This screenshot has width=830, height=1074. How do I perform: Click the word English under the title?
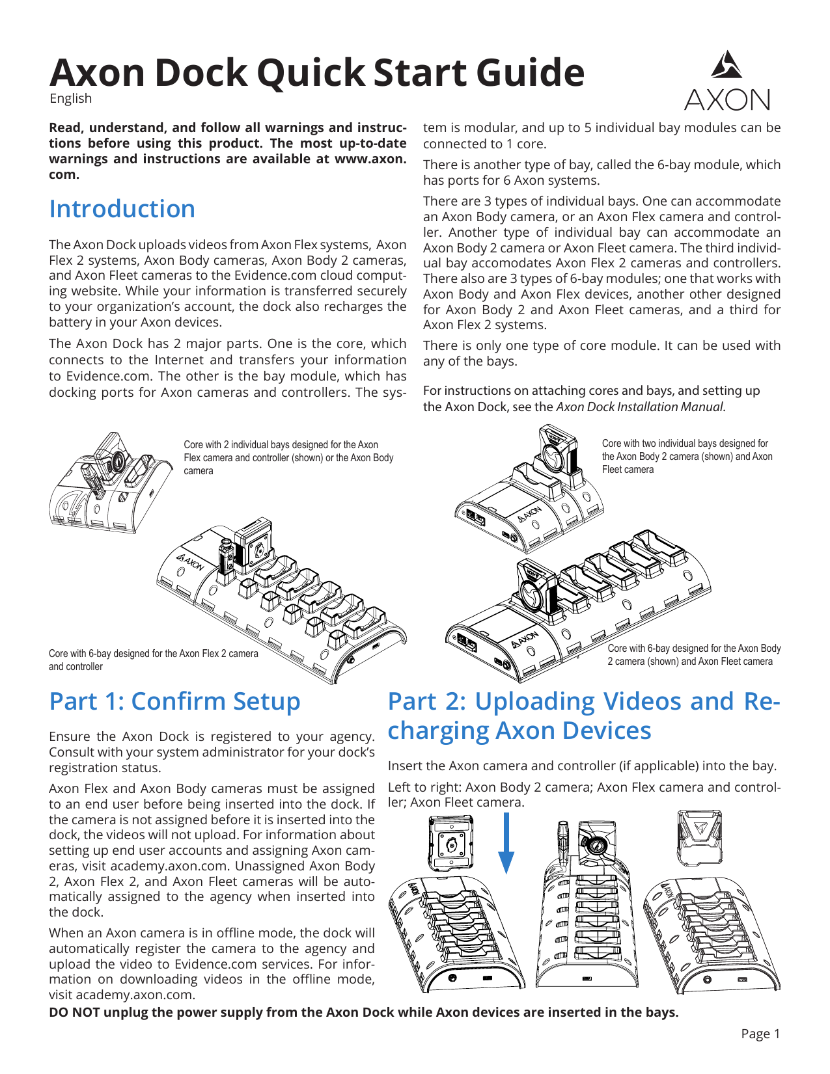pos(70,98)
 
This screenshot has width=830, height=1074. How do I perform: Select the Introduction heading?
pos(122,209)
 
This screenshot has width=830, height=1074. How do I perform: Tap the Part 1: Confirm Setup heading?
pos(174,701)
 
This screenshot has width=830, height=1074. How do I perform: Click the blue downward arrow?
pos(506,843)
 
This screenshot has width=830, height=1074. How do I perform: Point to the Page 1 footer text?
pos(760,1034)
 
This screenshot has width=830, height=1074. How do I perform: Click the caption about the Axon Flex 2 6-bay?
pos(153,660)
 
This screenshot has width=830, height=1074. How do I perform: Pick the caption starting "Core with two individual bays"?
pos(687,456)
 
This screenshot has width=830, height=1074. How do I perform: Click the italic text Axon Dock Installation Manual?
pos(639,407)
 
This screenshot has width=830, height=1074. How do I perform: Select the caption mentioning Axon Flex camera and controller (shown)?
pos(288,457)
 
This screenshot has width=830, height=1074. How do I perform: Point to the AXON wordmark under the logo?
pos(726,100)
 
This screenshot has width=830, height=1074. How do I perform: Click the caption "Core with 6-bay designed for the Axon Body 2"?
pos(694,654)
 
